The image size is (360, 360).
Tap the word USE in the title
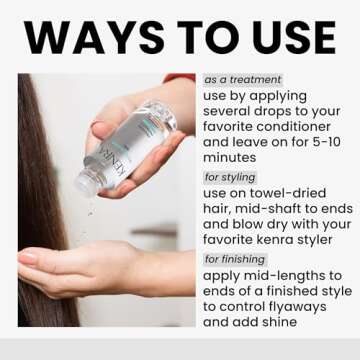coord(283,37)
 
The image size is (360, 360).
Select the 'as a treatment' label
coord(243,79)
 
